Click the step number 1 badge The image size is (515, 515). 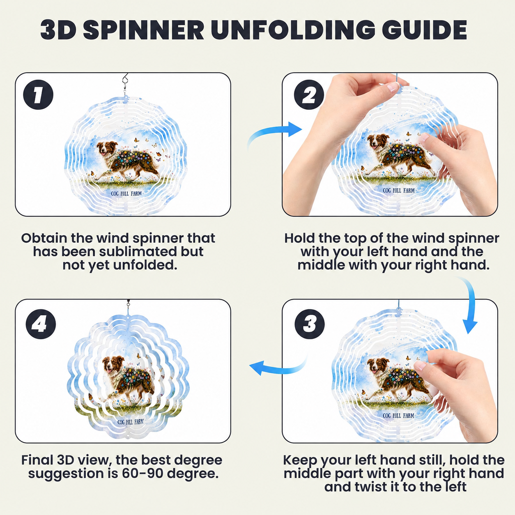(38, 94)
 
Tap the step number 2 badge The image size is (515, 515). (309, 94)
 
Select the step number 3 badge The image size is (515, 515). (310, 324)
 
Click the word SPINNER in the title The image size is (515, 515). (143, 30)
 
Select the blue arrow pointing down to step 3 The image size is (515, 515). (468, 305)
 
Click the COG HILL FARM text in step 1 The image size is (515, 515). (126, 193)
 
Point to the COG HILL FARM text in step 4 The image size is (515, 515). (131, 422)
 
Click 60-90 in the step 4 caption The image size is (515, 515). (143, 473)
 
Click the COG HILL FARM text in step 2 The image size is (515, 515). (399, 190)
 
